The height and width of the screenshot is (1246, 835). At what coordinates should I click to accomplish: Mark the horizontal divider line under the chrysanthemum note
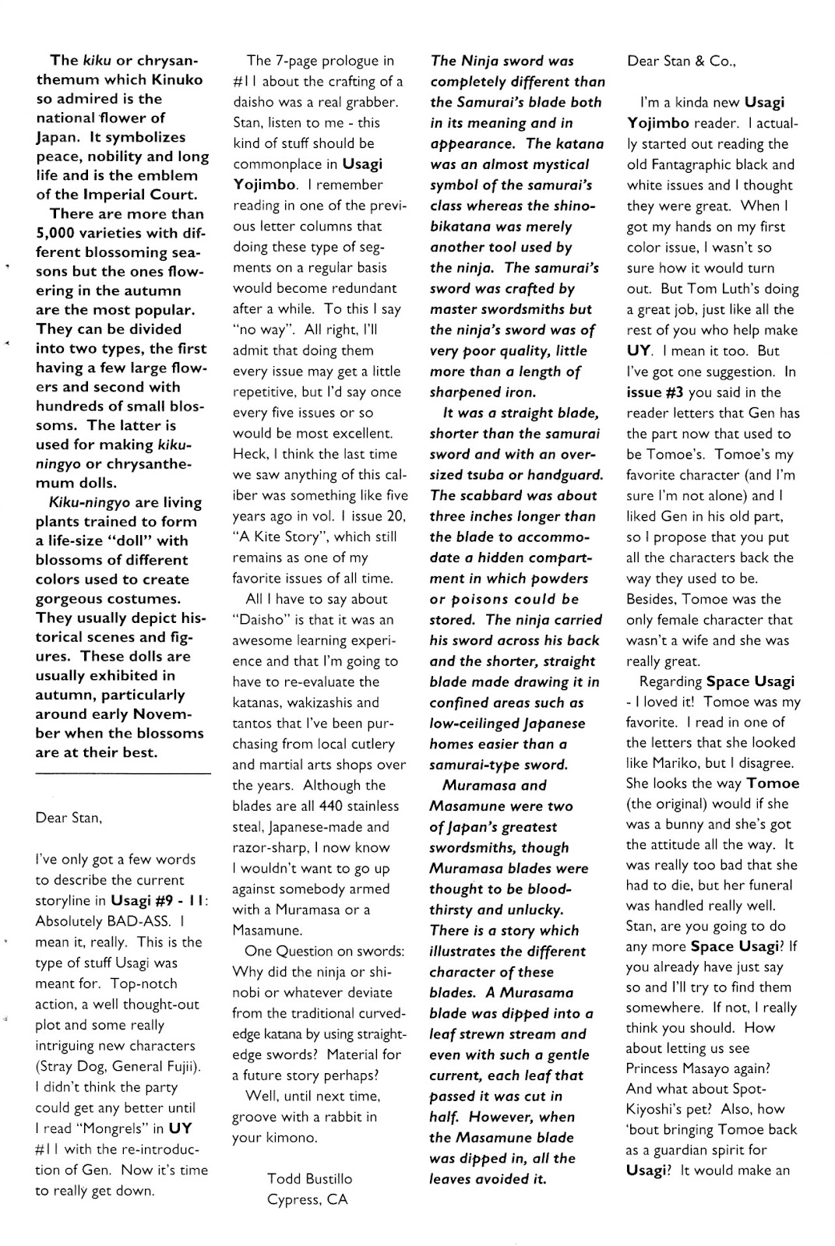123,773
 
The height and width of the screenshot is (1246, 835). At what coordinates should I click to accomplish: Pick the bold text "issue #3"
656,392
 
